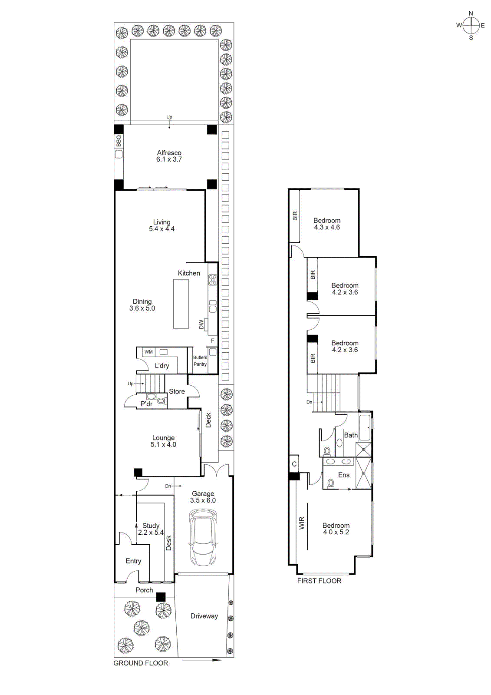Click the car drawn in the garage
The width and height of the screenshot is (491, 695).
tap(203, 538)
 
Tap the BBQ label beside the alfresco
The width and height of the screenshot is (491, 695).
tap(119, 141)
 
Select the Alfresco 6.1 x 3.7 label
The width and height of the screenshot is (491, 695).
tap(169, 156)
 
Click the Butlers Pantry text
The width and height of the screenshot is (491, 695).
tap(200, 361)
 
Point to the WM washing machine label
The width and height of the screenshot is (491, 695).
tap(149, 352)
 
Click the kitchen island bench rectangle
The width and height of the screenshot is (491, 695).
tap(181, 304)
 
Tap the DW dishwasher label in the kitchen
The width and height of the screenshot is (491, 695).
tap(201, 324)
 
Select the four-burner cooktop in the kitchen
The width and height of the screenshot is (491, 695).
tap(212, 280)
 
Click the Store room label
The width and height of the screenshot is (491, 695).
tap(177, 391)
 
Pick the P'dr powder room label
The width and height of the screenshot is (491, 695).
tap(146, 404)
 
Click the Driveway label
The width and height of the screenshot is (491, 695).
tap(204, 616)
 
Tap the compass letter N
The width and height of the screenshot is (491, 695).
tap(471, 13)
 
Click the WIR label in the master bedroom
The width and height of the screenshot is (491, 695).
tap(302, 523)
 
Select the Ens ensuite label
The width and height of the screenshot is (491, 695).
tap(344, 475)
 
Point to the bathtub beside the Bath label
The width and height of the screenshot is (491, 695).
tap(365, 427)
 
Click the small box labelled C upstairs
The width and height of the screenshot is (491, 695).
tap(294, 464)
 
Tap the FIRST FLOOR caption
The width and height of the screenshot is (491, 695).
tap(319, 581)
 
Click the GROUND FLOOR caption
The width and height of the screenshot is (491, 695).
tap(141, 663)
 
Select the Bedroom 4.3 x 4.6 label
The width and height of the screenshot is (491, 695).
tap(327, 224)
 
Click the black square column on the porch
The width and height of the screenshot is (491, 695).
tap(161, 597)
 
